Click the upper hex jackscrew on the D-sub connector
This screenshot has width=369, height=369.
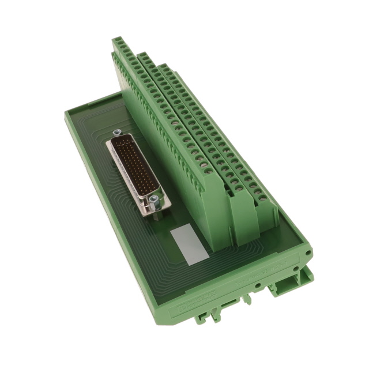coord(117,133)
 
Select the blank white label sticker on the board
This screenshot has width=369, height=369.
coord(189,245)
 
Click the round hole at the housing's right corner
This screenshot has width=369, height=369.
coord(308,253)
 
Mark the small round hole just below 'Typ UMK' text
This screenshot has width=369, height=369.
coord(257,284)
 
